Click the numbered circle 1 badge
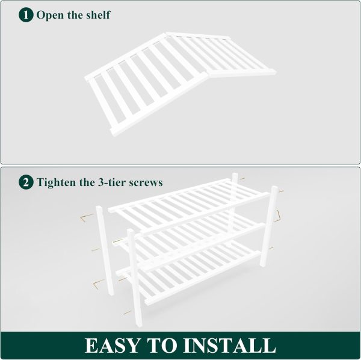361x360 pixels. click(x=26, y=14)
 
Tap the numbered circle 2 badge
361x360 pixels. click(x=26, y=182)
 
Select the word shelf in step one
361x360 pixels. click(x=98, y=14)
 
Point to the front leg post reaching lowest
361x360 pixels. click(x=135, y=278)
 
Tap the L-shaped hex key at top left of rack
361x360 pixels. click(x=85, y=217)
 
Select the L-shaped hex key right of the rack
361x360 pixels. click(x=277, y=216)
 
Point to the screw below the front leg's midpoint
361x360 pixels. click(x=127, y=312)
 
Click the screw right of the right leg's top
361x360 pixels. click(x=281, y=191)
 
